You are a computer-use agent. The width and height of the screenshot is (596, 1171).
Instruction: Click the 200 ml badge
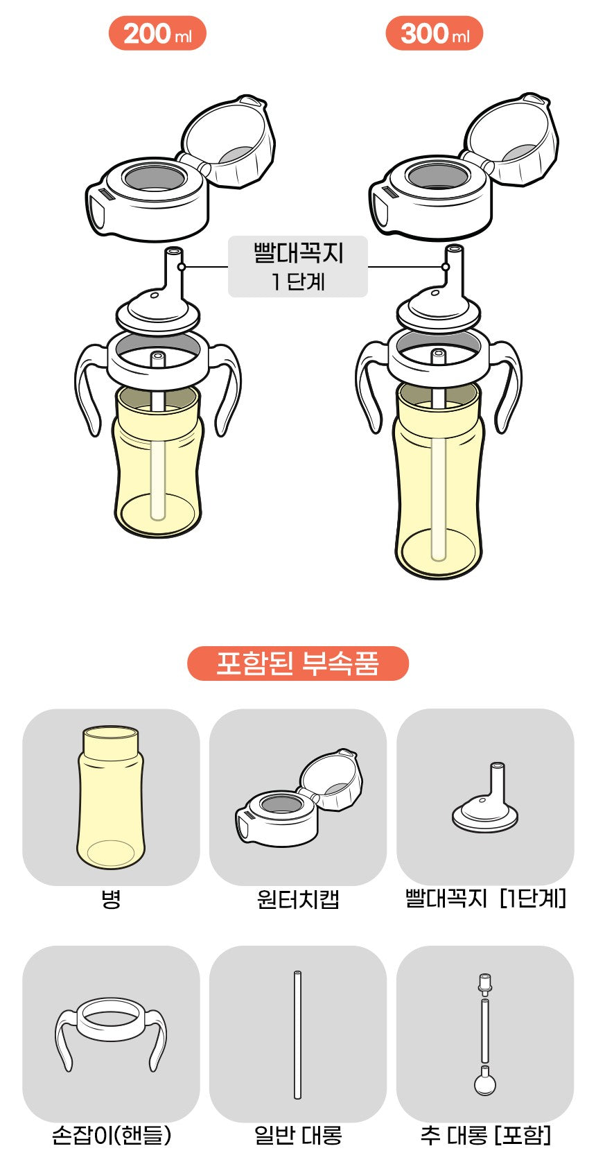point(157,33)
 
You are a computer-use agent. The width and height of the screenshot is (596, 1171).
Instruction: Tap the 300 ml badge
point(434,33)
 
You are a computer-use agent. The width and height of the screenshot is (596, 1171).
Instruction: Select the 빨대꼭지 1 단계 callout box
point(298,267)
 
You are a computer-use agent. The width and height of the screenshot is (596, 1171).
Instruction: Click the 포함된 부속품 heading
point(298,663)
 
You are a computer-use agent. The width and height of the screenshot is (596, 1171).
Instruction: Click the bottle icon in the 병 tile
point(111,797)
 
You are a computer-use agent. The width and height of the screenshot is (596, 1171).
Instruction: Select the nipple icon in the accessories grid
point(485,798)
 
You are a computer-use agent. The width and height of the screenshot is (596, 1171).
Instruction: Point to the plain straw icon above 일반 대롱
point(297,1034)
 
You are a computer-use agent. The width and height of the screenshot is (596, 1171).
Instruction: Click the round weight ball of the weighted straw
point(484,1083)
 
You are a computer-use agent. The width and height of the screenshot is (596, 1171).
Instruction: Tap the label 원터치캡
point(298,900)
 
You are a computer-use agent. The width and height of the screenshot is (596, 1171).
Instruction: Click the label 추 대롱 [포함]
point(486,1136)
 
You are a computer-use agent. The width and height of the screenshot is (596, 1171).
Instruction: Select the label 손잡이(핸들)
point(112,1136)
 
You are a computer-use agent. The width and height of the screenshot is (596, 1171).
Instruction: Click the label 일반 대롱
point(298,1136)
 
